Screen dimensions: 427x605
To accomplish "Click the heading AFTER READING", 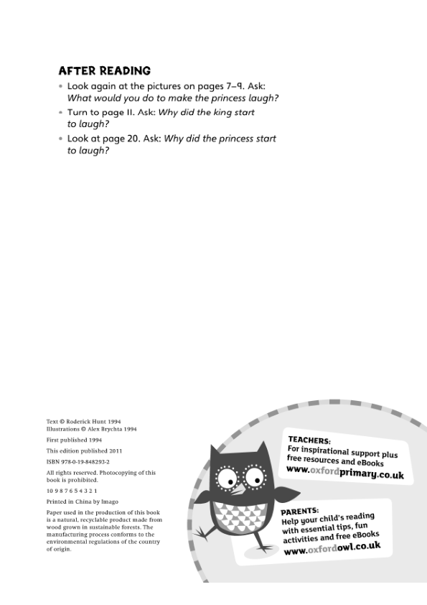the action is [x=104, y=70].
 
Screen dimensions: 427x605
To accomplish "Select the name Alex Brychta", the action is [x=103, y=429].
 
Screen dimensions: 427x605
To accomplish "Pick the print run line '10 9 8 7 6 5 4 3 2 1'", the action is [x=71, y=491].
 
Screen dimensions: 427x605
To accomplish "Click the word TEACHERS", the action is [x=309, y=440].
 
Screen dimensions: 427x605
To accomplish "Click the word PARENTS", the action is [x=300, y=512].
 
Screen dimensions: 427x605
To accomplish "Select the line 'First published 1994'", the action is [x=74, y=440].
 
